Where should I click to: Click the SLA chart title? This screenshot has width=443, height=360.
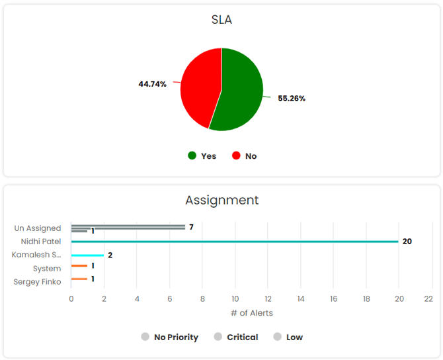(x=221, y=20)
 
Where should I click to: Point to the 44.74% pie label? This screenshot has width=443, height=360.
(x=152, y=84)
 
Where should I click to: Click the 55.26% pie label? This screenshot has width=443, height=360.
(x=292, y=99)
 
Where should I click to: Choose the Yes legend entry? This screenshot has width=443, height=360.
(x=202, y=156)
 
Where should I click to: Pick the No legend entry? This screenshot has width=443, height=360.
(x=245, y=156)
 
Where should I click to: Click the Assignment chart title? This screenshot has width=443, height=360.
(x=221, y=200)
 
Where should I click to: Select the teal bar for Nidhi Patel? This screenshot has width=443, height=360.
(x=235, y=242)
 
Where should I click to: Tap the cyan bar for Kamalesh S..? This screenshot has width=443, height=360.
(x=87, y=255)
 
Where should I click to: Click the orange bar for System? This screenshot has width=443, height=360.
(x=79, y=266)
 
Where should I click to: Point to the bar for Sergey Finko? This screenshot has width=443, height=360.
(x=79, y=279)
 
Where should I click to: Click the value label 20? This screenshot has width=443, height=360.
(x=407, y=242)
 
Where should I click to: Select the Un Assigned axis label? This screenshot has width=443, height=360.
(x=38, y=228)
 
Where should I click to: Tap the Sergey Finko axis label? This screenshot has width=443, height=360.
(x=37, y=282)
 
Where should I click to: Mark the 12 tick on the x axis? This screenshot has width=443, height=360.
(x=268, y=298)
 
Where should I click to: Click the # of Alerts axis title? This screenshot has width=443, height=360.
(x=251, y=312)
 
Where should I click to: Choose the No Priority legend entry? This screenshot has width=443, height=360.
(x=170, y=337)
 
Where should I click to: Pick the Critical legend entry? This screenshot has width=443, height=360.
(x=236, y=337)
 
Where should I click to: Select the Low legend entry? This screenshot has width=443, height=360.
(x=288, y=337)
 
